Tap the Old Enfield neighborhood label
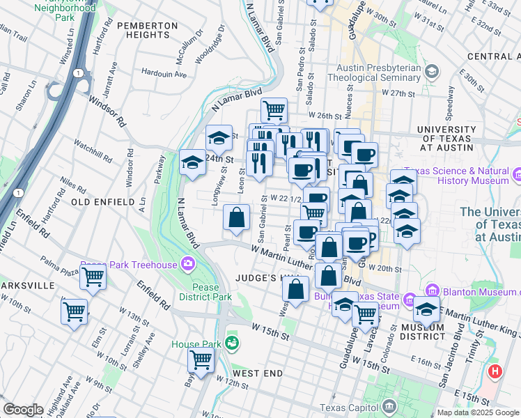click(x=102, y=202)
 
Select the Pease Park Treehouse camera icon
click(x=187, y=264)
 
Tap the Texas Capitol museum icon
click(x=389, y=405)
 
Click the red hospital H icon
click(x=495, y=371)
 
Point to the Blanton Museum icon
click(x=432, y=290)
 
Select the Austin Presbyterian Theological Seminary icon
click(x=431, y=71)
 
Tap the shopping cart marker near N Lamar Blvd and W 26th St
click(x=274, y=109)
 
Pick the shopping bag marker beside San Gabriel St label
click(x=237, y=217)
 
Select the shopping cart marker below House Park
click(x=201, y=361)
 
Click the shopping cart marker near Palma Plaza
click(x=93, y=278)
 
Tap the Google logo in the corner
click(x=23, y=410)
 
